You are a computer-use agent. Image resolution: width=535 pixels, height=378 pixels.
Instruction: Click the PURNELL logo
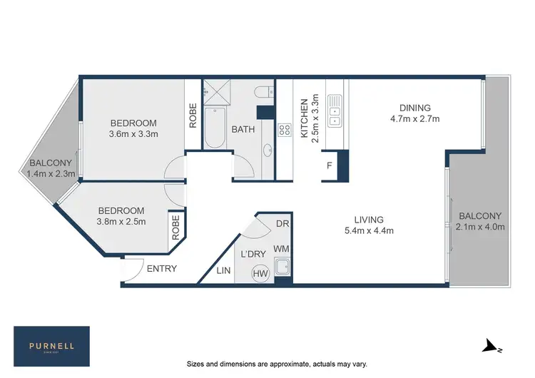(52, 345)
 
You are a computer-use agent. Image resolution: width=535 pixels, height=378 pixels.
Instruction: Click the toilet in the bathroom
(263, 91)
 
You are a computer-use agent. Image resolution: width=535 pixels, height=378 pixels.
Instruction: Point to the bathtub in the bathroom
(214, 128)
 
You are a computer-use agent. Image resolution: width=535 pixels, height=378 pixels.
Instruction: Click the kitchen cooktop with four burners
(284, 130)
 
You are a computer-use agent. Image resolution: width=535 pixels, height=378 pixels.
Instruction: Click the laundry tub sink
(283, 267)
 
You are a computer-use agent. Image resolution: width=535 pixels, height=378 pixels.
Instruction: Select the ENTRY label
(161, 269)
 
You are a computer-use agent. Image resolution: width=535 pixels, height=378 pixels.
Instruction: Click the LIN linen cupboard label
(223, 270)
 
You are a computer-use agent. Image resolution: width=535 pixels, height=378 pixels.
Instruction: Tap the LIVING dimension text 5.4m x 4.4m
(369, 230)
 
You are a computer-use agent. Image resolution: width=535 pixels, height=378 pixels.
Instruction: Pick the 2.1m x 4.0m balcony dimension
(480, 228)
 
